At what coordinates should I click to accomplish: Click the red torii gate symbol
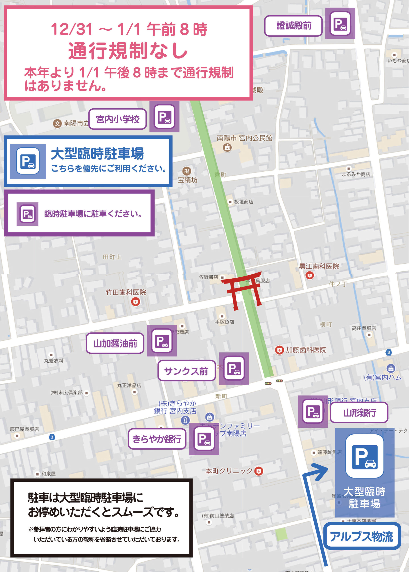(243, 290)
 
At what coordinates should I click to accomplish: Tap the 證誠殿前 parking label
(293, 26)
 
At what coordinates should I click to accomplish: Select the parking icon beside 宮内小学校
(164, 117)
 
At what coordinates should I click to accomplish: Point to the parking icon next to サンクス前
(234, 368)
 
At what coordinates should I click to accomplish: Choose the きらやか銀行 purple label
(157, 439)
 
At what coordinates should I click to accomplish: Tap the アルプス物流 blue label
(362, 536)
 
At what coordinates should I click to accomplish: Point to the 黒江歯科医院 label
(319, 267)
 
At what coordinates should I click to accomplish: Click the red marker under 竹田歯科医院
(136, 302)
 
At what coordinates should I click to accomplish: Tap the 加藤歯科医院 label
(306, 350)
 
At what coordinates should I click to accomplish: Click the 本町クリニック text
(229, 471)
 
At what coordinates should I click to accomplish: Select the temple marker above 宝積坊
(187, 171)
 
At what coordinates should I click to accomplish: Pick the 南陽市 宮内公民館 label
(244, 138)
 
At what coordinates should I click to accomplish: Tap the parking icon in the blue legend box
(28, 161)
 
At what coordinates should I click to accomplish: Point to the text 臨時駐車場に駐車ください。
(93, 214)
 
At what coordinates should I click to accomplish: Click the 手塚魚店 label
(224, 322)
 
